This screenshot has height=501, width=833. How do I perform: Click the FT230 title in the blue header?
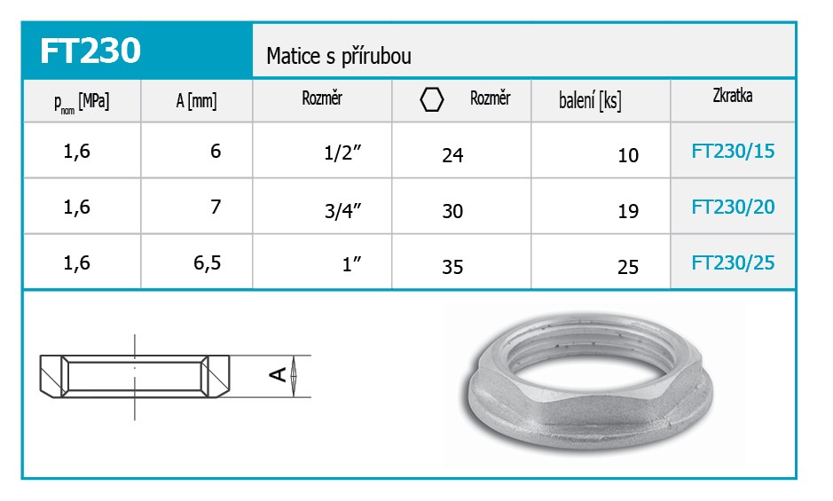(x=90, y=51)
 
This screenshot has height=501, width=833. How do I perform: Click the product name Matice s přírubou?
(x=338, y=56)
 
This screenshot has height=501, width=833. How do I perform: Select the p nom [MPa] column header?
(x=82, y=101)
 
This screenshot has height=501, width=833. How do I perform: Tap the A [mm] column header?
(x=196, y=100)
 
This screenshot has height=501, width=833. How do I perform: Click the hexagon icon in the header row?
(x=432, y=99)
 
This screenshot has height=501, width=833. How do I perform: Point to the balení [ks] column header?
(x=590, y=100)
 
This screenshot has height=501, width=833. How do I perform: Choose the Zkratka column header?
(x=732, y=96)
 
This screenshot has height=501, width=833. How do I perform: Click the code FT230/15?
(x=733, y=152)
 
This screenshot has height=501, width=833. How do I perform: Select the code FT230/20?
(x=733, y=207)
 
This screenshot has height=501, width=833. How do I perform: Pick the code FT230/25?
(x=733, y=262)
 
